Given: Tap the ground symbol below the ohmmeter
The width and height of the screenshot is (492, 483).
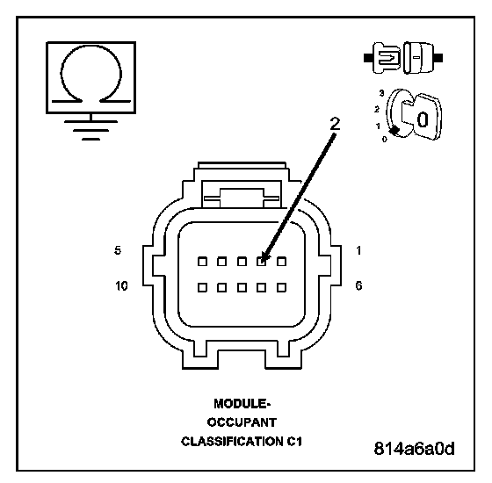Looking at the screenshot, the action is [91, 129].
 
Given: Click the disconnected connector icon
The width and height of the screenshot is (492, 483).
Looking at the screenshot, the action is [403, 58].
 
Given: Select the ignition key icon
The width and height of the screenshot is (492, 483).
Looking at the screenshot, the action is [414, 114].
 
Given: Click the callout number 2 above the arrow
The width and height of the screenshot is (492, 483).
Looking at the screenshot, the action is [335, 124].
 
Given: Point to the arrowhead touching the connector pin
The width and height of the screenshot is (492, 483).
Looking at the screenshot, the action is [264, 256].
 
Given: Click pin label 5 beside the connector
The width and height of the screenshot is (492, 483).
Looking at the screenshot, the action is [118, 250].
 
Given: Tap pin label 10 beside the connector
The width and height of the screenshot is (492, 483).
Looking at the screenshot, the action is [121, 285].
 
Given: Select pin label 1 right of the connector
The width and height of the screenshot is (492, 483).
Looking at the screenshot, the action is [358, 250].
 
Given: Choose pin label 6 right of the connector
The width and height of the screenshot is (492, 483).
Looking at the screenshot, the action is [358, 285].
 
